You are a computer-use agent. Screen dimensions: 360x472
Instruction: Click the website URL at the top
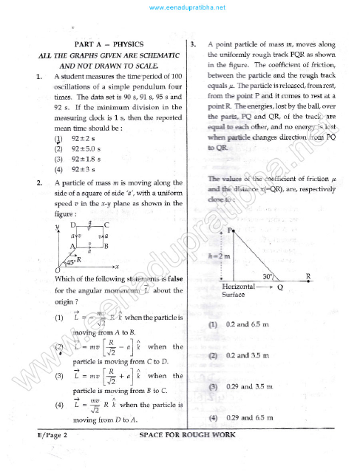(x=180, y=8)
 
